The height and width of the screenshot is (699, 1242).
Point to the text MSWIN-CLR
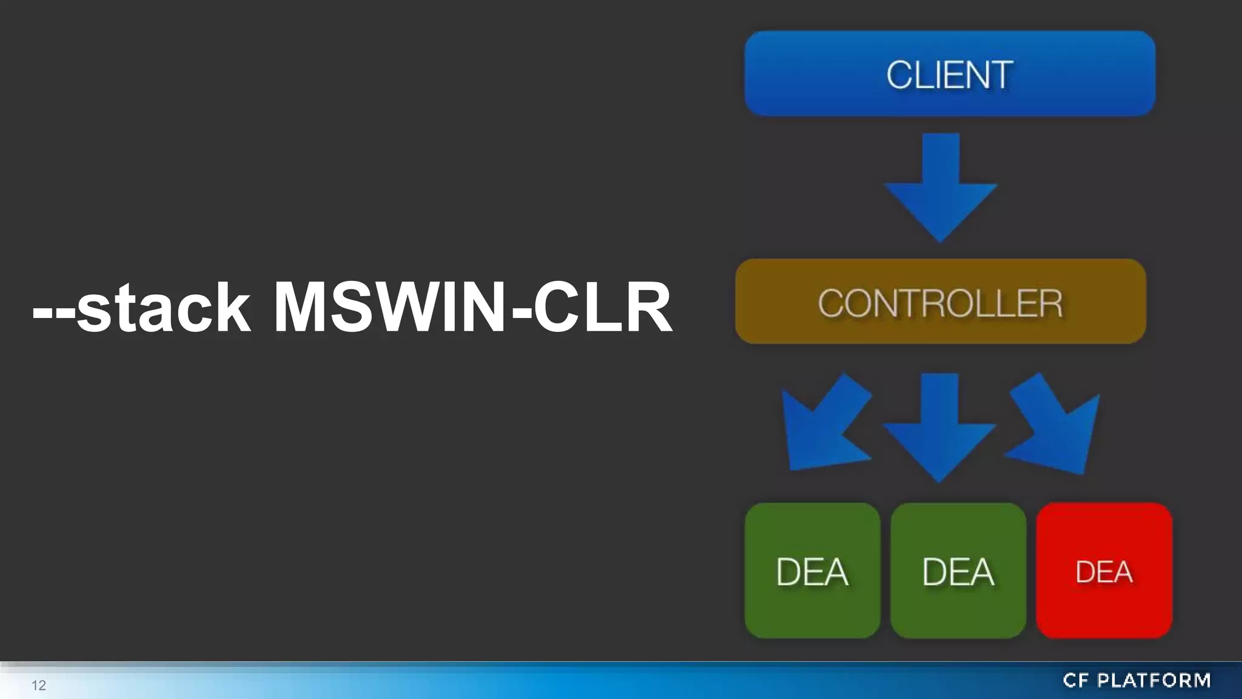(473, 308)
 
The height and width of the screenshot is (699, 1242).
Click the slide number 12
(39, 686)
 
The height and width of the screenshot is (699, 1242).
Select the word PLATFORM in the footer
(1154, 681)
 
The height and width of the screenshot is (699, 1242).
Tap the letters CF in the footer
(1076, 681)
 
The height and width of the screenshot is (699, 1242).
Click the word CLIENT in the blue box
(950, 75)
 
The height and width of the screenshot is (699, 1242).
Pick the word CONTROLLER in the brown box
(940, 303)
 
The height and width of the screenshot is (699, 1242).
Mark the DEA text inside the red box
(1104, 572)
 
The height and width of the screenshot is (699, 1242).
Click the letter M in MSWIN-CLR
(303, 308)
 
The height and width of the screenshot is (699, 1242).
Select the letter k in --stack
(230, 308)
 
